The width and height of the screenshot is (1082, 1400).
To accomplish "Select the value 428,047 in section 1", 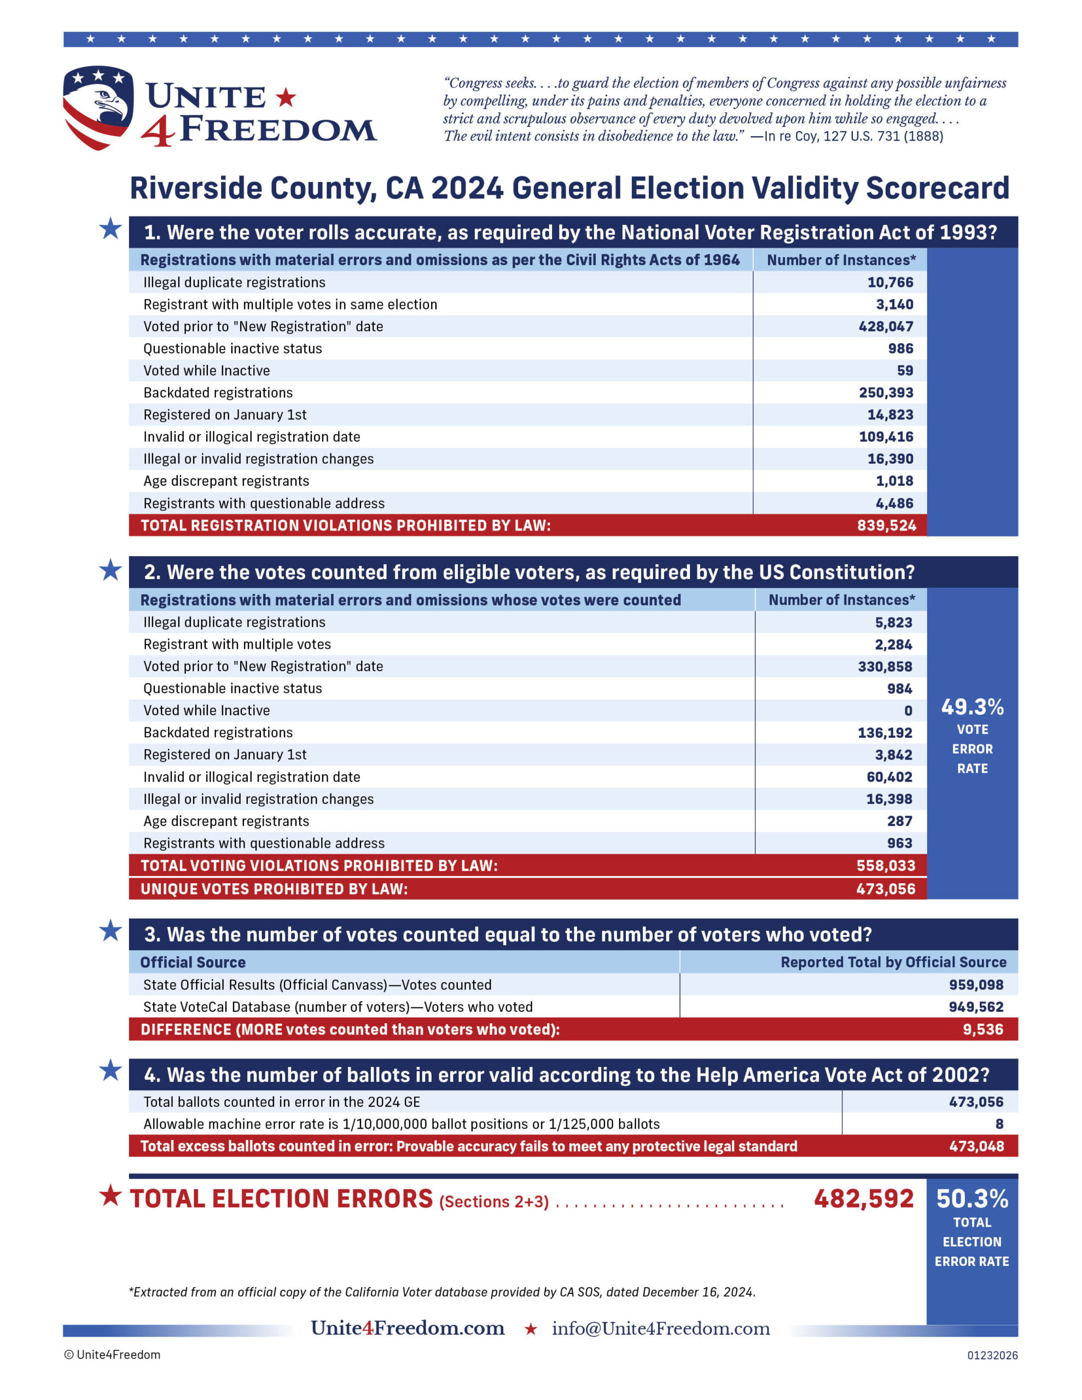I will point(886,326).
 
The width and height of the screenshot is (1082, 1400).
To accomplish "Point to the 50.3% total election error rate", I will point(972,1199).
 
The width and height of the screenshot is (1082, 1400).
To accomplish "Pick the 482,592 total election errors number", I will point(863,1199).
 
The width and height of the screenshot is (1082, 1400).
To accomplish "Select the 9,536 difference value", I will point(982,1029).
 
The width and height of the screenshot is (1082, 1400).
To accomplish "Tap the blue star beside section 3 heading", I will point(110,931).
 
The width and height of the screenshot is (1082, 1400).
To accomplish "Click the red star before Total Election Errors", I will point(110,1195).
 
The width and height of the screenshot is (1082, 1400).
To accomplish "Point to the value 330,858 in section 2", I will point(885,667).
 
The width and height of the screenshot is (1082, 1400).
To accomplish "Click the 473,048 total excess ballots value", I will point(976,1146).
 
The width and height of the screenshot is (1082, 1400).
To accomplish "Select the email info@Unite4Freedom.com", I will point(661,1328).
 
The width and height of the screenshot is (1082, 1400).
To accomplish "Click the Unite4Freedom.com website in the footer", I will point(408,1328).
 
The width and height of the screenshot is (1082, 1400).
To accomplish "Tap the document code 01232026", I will point(992,1355).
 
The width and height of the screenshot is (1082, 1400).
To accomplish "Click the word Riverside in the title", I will point(190,189).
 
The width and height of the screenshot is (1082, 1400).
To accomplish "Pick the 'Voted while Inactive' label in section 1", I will point(207,371).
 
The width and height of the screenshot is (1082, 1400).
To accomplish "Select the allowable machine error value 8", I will point(999,1124).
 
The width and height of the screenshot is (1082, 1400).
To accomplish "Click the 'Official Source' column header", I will point(193,962).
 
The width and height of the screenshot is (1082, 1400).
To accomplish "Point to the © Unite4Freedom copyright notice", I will point(112,1355).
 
